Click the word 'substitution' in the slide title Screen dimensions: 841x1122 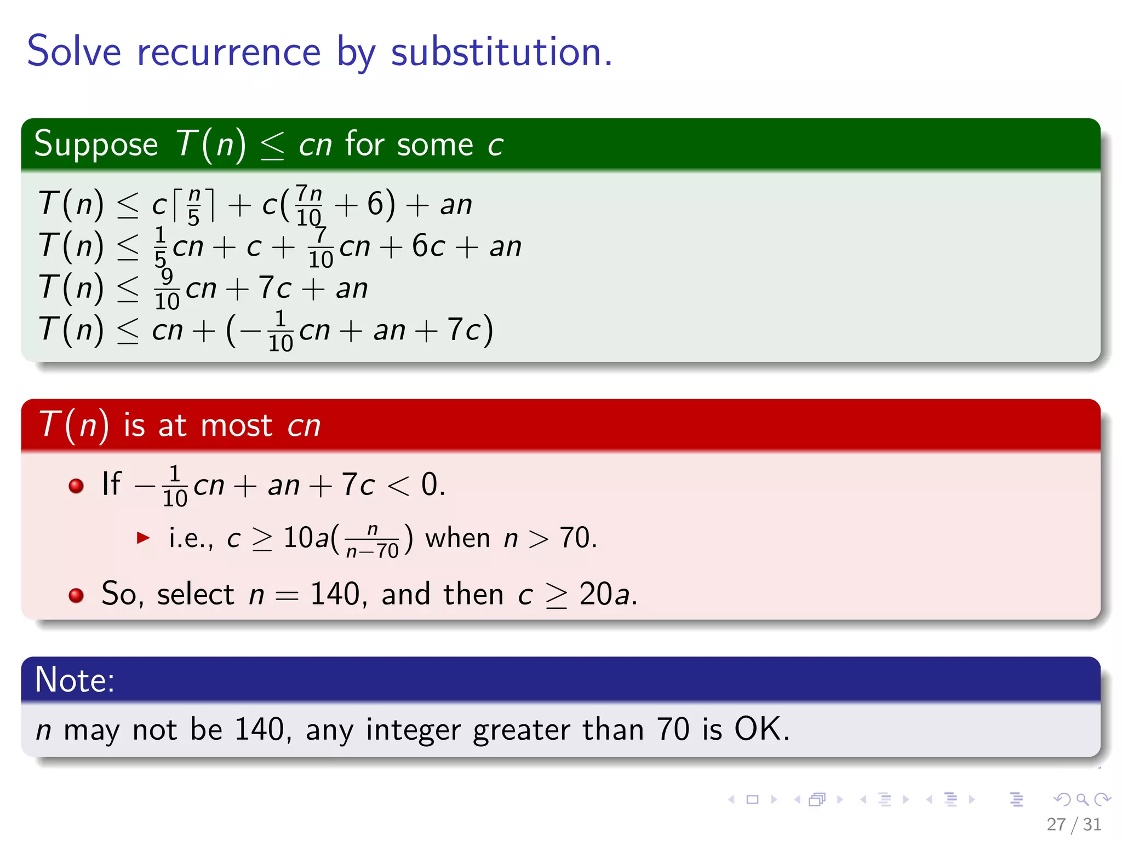[501, 53]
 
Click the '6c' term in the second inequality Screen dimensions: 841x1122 [428, 246]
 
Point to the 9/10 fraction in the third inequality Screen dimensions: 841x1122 [167, 289]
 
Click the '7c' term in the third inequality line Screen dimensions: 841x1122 [274, 289]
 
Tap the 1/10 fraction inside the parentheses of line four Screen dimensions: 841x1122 [280, 331]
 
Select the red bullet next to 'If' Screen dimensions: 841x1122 [76, 486]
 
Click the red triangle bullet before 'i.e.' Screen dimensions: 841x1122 [143, 538]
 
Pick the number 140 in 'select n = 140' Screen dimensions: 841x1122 [335, 594]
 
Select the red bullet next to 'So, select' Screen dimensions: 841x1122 [76, 595]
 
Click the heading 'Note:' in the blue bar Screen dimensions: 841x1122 [75, 680]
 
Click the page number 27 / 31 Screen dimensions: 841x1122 [1073, 824]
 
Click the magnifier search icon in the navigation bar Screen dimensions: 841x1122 [1082, 799]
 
